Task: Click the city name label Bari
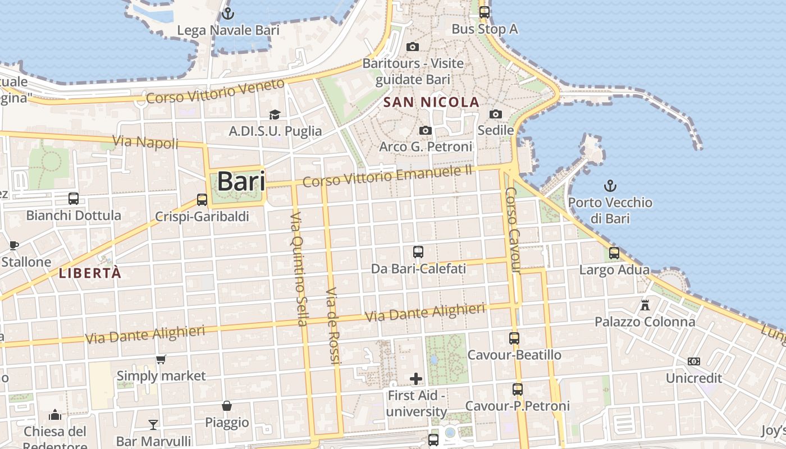click(241, 181)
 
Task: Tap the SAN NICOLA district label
click(432, 102)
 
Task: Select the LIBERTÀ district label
click(90, 273)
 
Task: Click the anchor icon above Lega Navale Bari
click(228, 13)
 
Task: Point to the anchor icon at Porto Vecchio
click(610, 185)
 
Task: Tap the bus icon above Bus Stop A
click(484, 12)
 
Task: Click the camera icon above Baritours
click(413, 47)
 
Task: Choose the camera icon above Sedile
click(495, 114)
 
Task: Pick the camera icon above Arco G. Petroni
click(426, 130)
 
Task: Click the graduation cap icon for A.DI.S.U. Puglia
click(275, 114)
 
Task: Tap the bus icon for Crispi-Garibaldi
click(202, 199)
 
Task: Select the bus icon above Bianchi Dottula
click(74, 198)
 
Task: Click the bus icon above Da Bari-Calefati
click(418, 252)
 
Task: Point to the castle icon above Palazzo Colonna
click(645, 305)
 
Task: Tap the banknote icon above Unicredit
click(694, 361)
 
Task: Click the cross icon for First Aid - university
click(416, 379)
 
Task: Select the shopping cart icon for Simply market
click(161, 359)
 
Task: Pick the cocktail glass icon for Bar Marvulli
click(153, 424)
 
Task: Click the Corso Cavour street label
click(514, 230)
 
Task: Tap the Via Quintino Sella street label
click(299, 269)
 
